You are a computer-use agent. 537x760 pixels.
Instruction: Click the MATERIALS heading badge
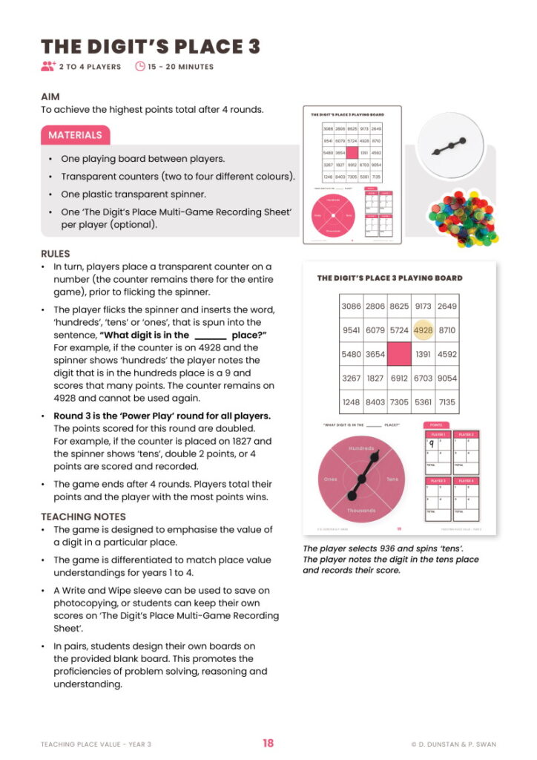(x=75, y=135)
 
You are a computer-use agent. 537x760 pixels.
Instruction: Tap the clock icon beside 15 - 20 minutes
(x=140, y=67)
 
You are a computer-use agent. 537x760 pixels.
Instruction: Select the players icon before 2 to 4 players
(x=48, y=67)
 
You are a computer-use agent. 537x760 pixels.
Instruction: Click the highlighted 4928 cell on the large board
(x=423, y=330)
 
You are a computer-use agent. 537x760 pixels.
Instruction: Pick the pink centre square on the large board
(x=398, y=354)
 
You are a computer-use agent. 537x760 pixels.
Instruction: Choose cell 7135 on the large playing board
(x=447, y=402)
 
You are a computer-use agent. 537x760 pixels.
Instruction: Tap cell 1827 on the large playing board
(x=375, y=378)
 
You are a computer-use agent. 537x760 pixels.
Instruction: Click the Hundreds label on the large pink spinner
(x=362, y=449)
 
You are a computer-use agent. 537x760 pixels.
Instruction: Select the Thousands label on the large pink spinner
(x=362, y=511)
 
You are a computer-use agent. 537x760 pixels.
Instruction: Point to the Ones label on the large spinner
(x=331, y=479)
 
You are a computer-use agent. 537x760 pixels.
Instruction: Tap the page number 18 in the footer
(x=268, y=743)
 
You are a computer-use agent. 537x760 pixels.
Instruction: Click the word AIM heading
(x=50, y=96)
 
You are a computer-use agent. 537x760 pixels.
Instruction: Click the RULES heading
(x=55, y=253)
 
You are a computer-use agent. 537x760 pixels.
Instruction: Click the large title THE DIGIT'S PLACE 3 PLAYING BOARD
(x=389, y=278)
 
